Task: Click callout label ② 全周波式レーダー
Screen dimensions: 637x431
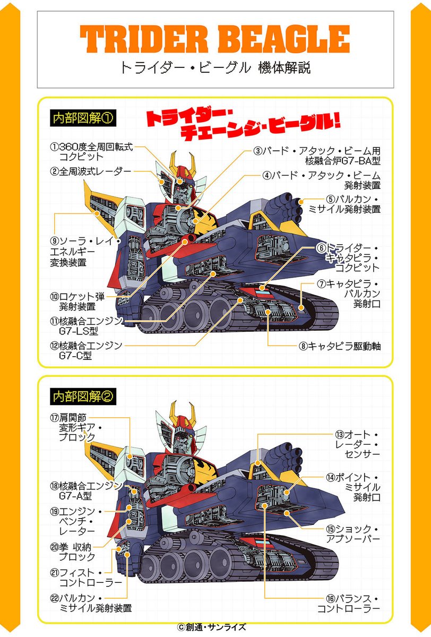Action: click(90, 171)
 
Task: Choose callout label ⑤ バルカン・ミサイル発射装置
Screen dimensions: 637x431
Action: click(353, 204)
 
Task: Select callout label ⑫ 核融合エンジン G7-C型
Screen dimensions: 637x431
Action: click(85, 350)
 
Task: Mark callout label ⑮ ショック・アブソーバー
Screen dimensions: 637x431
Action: click(353, 534)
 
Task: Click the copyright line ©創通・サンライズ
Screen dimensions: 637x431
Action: click(216, 627)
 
